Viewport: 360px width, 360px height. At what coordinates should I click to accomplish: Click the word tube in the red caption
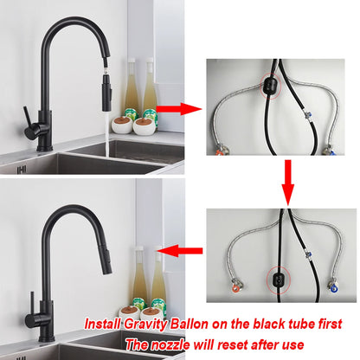pyautogui.click(x=319, y=324)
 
